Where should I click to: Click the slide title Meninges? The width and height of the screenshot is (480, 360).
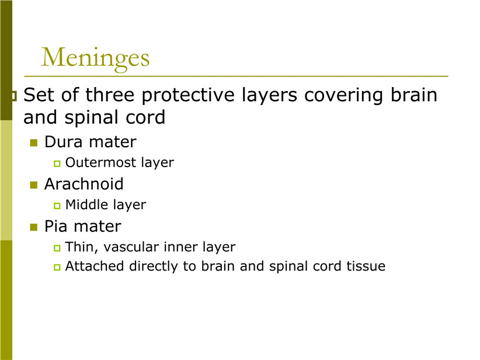point(95,57)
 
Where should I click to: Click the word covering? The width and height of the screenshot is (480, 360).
point(343,96)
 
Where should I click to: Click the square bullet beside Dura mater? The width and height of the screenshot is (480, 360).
point(34,143)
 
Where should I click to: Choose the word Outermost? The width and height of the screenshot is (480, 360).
point(100,162)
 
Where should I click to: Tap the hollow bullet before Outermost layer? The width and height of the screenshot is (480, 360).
point(57,164)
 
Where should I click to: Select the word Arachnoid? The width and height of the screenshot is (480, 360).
point(84,184)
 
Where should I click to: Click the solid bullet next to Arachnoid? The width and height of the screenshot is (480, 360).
point(34,185)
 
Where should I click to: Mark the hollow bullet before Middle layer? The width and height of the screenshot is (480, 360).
point(57,206)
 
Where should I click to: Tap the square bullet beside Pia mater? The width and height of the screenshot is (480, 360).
point(34,227)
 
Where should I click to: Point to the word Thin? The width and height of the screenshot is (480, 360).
point(81,248)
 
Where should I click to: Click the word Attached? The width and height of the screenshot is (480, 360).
point(94,266)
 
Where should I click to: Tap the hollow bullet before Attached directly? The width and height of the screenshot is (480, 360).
point(57,267)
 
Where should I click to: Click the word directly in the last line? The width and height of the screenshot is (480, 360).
point(154,266)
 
